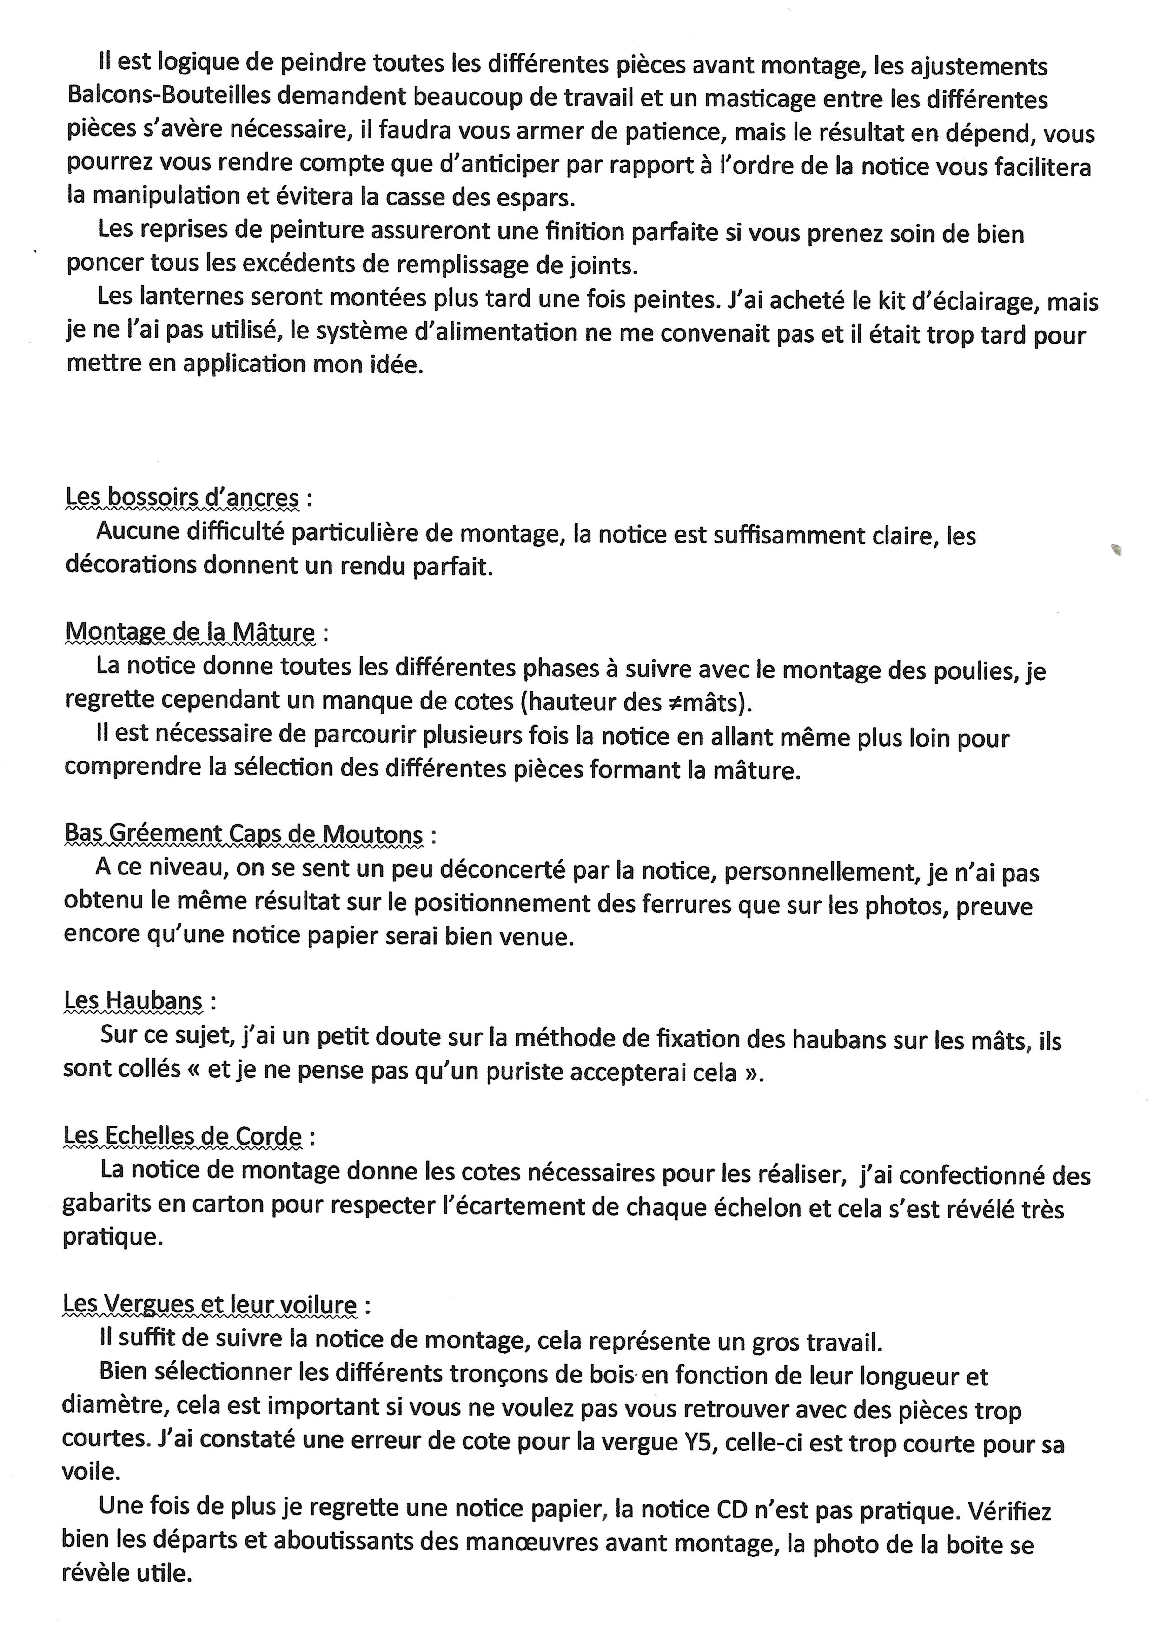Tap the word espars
click(x=536, y=197)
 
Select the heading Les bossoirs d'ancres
click(x=182, y=497)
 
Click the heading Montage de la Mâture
click(x=190, y=632)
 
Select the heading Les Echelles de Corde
click(x=182, y=1136)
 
